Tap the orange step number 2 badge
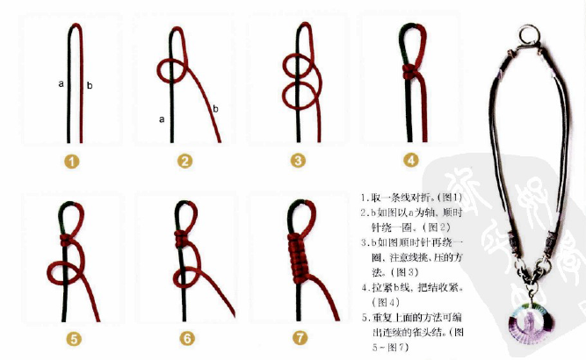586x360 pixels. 184,161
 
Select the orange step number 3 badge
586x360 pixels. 299,161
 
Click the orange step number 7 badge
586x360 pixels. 300,336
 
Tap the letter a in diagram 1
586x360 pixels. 61,84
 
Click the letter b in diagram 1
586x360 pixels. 90,85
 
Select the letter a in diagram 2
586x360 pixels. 162,118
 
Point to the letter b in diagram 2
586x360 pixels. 215,109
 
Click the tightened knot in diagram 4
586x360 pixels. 409,70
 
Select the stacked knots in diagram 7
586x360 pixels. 299,255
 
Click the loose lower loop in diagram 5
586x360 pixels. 64,274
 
